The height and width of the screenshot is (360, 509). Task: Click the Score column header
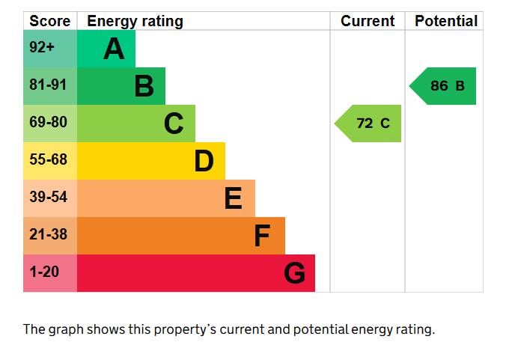pyautogui.click(x=49, y=21)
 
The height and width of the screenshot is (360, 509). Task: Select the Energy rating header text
pyautogui.click(x=135, y=22)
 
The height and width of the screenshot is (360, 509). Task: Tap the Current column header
pyautogui.click(x=368, y=21)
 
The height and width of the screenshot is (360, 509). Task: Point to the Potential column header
pyautogui.click(x=446, y=21)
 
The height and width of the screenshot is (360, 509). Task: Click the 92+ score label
pyautogui.click(x=42, y=47)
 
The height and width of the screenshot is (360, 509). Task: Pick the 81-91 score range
pyautogui.click(x=48, y=85)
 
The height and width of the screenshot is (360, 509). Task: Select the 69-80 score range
pyautogui.click(x=48, y=122)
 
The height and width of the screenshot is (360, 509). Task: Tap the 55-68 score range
pyautogui.click(x=49, y=159)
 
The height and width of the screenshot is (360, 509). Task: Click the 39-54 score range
pyautogui.click(x=49, y=197)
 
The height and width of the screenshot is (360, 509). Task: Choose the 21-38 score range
pyautogui.click(x=49, y=234)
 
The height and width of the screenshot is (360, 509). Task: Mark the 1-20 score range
pyautogui.click(x=44, y=272)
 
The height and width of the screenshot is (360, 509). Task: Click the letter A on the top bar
pyautogui.click(x=114, y=49)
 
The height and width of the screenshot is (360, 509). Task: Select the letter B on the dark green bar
pyautogui.click(x=144, y=86)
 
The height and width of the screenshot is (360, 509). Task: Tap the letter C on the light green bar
pyautogui.click(x=174, y=123)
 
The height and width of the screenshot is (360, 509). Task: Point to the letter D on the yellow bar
pyautogui.click(x=204, y=161)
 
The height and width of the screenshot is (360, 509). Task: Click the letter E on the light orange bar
pyautogui.click(x=233, y=198)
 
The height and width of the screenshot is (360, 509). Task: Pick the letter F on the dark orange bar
pyautogui.click(x=262, y=235)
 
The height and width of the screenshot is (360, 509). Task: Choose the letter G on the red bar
pyautogui.click(x=294, y=272)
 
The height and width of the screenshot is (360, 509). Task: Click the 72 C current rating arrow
pyautogui.click(x=368, y=123)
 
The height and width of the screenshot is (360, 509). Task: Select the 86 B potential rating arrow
pyautogui.click(x=442, y=86)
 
